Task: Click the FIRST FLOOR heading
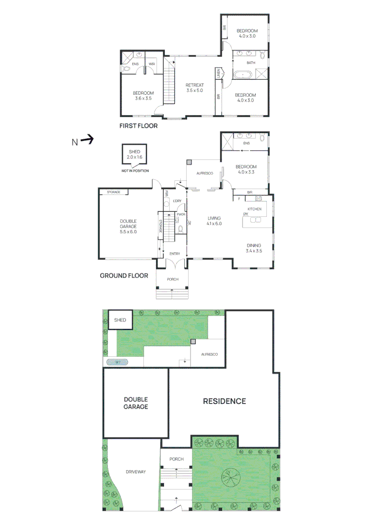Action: tap(139, 125)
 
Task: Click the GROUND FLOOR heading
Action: tap(124, 276)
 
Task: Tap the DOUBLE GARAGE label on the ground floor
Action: tap(128, 226)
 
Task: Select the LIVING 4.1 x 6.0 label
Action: tap(214, 221)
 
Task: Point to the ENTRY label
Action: tap(174, 254)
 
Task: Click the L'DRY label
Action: tap(177, 201)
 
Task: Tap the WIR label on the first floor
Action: tap(152, 64)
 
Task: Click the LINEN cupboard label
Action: tap(219, 74)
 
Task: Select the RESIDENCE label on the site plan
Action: tap(224, 401)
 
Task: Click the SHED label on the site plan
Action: tap(120, 320)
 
